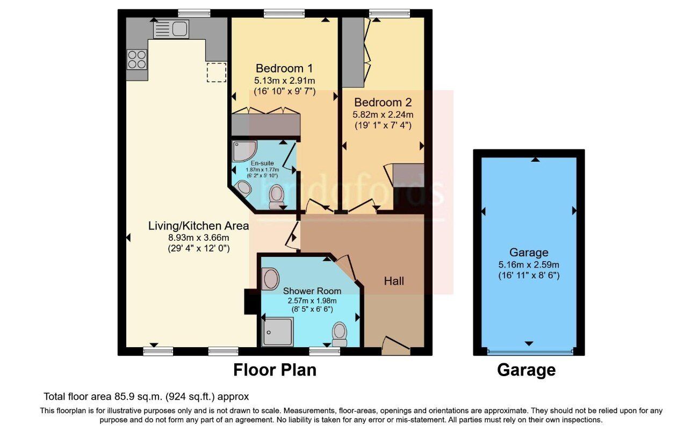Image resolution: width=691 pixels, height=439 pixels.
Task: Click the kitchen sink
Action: pos(171,29)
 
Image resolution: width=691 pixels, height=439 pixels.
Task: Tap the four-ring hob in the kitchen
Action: pos(137,60)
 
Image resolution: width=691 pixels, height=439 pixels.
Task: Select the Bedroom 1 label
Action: pos(284,68)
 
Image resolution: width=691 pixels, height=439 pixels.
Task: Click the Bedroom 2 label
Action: pos(383,102)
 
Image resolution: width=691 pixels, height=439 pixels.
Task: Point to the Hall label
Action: pos(394,281)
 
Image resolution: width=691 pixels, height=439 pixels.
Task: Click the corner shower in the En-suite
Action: pos(244,151)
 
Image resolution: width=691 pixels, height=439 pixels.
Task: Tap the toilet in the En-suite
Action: pos(276,197)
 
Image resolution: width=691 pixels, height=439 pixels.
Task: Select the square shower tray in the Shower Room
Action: pos(277,332)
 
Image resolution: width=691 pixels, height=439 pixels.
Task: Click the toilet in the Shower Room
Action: pos(340,334)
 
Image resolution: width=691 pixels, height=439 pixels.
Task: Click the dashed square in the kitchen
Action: pos(217,72)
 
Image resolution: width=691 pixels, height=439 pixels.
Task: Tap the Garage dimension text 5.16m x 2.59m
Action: pos(529,265)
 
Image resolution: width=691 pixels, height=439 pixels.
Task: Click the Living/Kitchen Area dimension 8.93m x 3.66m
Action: pos(199,238)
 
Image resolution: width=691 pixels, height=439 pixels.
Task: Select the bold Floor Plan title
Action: pos(275,370)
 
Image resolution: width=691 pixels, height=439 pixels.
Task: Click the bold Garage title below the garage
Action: pos(526,370)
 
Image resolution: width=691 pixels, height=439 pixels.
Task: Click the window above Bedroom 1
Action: pos(284,13)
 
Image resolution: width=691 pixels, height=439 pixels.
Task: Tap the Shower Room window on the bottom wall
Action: pos(325,351)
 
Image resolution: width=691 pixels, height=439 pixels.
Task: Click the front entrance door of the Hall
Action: pos(396,346)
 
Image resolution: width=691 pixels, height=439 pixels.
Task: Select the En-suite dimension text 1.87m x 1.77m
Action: pos(262,170)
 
